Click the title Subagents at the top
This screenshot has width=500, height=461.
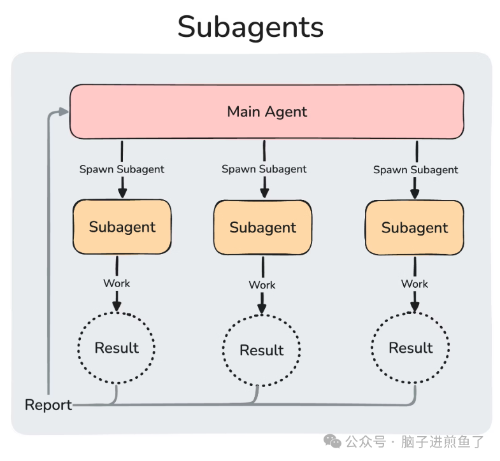coord(250,27)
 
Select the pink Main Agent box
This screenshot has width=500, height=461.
coord(267,111)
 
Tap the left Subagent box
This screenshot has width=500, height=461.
coord(122,227)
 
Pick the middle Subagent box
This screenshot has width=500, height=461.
coord(263,227)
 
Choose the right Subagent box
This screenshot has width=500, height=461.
coord(415,227)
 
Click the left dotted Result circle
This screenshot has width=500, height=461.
coord(117,348)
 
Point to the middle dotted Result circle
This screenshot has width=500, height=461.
coord(262,350)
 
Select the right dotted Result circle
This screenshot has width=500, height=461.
coord(411,348)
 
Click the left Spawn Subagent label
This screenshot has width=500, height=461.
coord(122,169)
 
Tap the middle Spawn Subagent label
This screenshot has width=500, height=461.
coord(264,169)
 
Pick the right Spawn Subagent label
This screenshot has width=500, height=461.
coord(415,170)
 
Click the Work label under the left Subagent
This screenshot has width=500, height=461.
coord(117,283)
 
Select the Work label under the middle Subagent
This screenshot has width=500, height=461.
coord(262,285)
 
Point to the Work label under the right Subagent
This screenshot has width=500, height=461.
coord(415,283)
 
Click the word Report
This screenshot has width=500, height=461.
coord(48,405)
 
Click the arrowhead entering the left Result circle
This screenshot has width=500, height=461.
coord(117,307)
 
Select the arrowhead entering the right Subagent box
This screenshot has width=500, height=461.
coord(415,194)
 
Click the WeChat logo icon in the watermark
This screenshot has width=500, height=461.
coord(332,441)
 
